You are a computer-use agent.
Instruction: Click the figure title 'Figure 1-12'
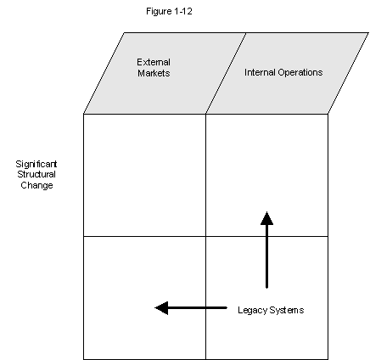pyautogui.click(x=169, y=11)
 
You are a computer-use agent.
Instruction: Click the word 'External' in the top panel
pyautogui.click(x=154, y=62)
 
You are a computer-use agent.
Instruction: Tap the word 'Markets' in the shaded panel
pyautogui.click(x=154, y=73)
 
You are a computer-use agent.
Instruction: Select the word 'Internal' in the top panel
pyautogui.click(x=260, y=72)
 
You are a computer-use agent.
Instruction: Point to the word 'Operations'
pyautogui.click(x=300, y=72)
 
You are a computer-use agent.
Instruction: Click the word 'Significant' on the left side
pyautogui.click(x=36, y=164)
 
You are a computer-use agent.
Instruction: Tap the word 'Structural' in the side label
pyautogui.click(x=36, y=174)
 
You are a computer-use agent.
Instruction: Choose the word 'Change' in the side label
pyautogui.click(x=36, y=185)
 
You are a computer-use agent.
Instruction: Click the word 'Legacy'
pyautogui.click(x=252, y=311)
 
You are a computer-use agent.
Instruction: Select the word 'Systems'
pyautogui.click(x=287, y=310)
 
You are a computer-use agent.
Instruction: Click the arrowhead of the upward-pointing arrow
pyautogui.click(x=266, y=218)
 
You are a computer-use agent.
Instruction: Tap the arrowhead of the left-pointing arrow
pyautogui.click(x=161, y=308)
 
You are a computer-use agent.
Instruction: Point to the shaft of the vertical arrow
pyautogui.click(x=266, y=256)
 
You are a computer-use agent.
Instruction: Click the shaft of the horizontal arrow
pyautogui.click(x=198, y=307)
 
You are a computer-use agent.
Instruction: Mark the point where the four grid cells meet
pyautogui.click(x=205, y=236)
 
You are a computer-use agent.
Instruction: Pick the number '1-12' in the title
pyautogui.click(x=183, y=11)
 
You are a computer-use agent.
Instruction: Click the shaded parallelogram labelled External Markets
pyautogui.click(x=165, y=73)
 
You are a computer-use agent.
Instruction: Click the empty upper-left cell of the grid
pyautogui.click(x=144, y=175)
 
